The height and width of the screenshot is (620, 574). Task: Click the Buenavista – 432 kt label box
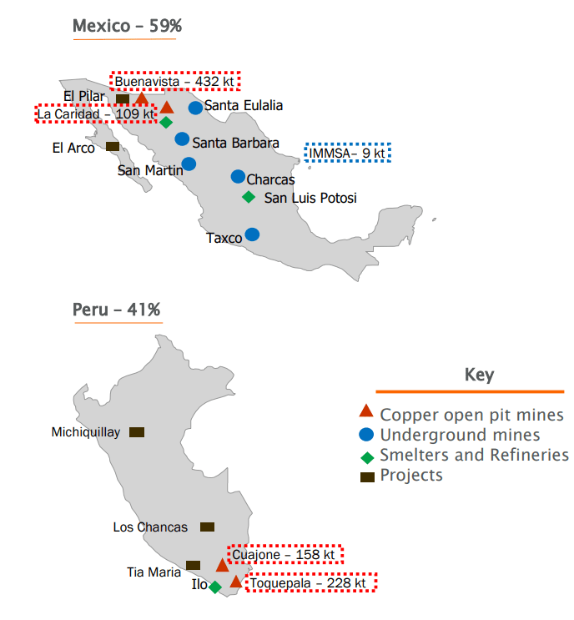pos(175,82)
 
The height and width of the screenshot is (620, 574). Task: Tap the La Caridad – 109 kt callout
pos(96,113)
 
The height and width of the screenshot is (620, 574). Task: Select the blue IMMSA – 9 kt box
pos(347,153)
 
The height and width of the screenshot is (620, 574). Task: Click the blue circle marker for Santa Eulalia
pos(195,107)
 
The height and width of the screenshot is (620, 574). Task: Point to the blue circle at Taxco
pos(252,235)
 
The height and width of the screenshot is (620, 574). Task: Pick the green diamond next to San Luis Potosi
pos(249,197)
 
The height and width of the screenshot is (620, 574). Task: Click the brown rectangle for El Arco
pos(113,146)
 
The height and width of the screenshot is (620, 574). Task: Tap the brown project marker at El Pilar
pos(123,99)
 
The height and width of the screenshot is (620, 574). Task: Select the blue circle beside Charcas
pos(238,177)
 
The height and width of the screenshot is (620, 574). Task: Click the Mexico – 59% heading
pos(128,26)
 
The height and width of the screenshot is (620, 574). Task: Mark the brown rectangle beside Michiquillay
pos(137,432)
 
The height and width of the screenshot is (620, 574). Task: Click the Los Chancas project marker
pos(207,527)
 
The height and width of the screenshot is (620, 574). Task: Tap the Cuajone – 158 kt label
pos(284,554)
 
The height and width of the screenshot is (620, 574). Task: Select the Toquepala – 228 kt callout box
pos(310,583)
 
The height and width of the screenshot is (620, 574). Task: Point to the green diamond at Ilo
pos(215,587)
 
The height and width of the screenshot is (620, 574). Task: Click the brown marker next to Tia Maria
pos(194,565)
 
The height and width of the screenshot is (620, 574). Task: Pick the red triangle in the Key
pos(365,411)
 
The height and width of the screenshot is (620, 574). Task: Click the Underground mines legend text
pos(460,435)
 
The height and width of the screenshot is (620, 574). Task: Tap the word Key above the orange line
pos(479,376)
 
